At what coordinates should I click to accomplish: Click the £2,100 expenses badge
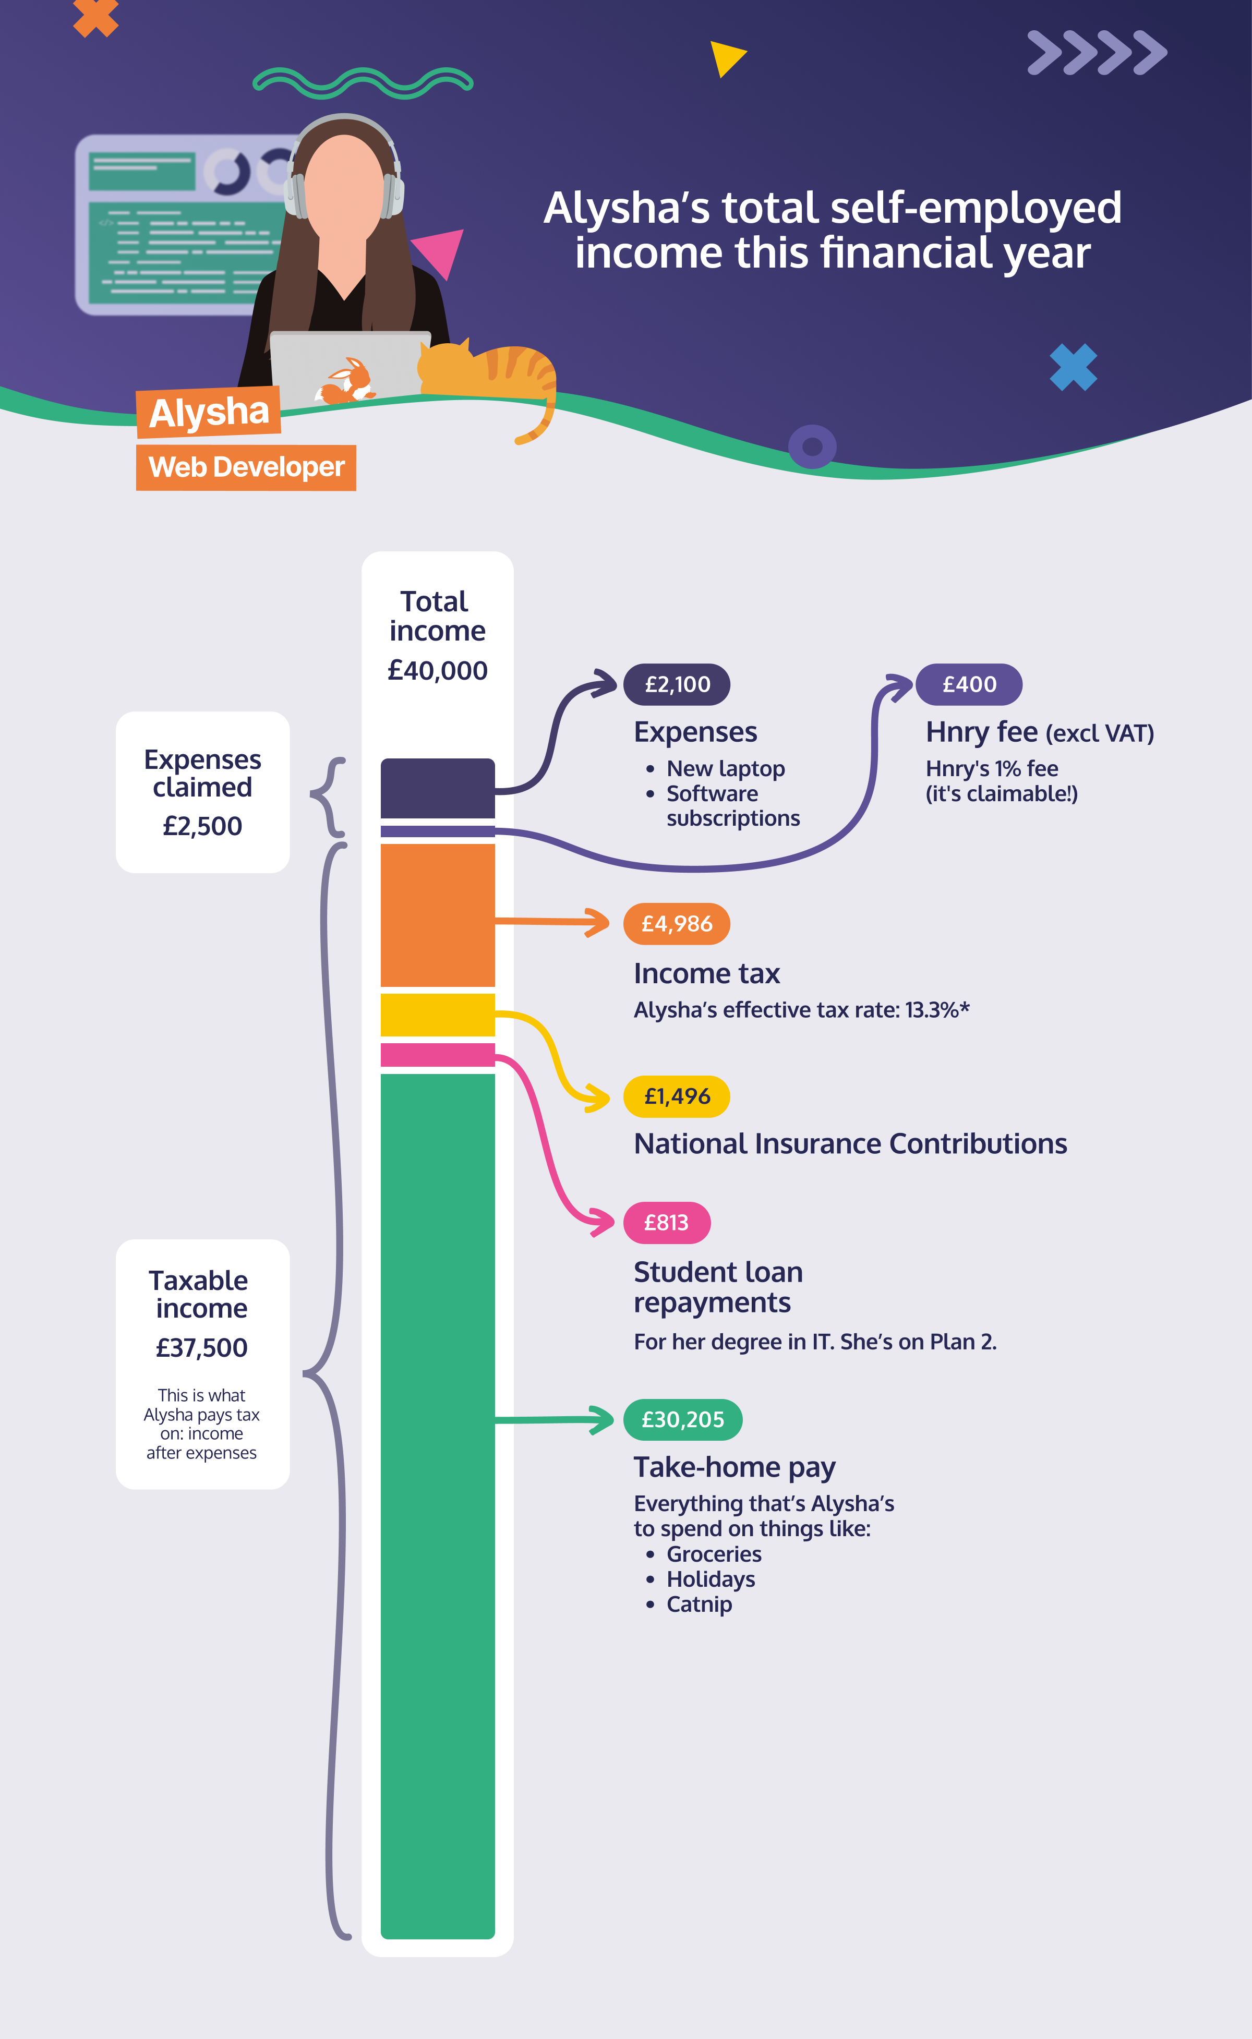coord(677,685)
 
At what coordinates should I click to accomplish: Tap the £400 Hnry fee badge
coord(969,685)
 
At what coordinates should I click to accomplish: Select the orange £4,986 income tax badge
coord(677,924)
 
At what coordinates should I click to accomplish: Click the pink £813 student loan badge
coord(667,1223)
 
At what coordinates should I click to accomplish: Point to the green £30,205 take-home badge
coord(682,1420)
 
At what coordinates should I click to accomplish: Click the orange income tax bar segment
coord(437,915)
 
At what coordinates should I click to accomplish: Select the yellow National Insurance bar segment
coord(437,1015)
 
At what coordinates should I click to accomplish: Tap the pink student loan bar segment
coord(437,1055)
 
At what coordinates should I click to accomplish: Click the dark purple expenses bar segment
coord(437,788)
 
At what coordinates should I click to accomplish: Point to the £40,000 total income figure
coord(437,671)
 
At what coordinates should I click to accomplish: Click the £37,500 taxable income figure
coord(202,1348)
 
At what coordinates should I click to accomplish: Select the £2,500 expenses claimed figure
coord(202,826)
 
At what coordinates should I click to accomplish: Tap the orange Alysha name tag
coord(209,412)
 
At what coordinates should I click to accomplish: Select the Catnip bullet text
coord(699,1604)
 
